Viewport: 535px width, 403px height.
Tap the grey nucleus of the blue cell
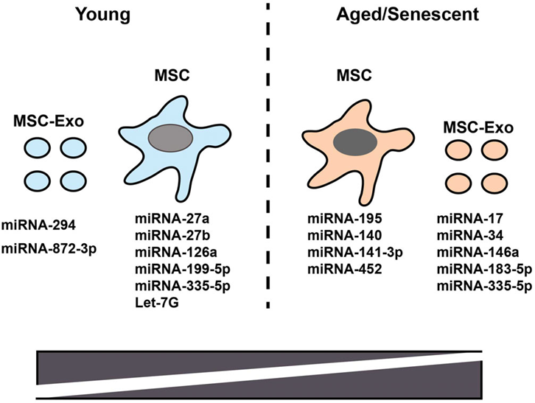tap(167, 139)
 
